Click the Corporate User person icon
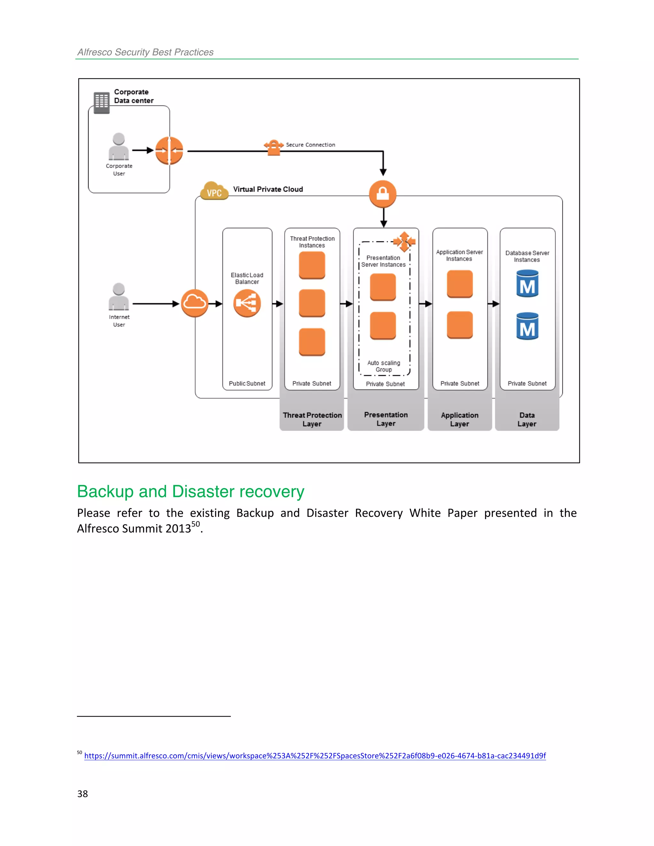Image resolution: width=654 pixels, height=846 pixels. click(118, 147)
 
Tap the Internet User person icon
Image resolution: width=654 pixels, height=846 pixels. click(118, 297)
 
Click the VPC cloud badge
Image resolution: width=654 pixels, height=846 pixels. click(214, 191)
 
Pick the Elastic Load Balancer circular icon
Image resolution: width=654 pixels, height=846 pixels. click(247, 303)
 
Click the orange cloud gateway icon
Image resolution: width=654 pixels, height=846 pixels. click(194, 303)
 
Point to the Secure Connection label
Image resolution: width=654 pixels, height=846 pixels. click(310, 145)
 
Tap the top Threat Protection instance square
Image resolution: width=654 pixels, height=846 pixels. click(312, 265)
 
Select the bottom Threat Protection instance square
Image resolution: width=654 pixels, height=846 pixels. click(312, 342)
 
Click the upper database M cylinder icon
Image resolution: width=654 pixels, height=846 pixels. click(527, 284)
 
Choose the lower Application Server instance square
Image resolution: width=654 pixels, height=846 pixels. click(460, 325)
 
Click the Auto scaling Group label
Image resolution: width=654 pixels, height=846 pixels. click(384, 366)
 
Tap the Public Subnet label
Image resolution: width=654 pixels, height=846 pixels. click(247, 383)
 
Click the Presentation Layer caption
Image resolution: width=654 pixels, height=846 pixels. click(385, 419)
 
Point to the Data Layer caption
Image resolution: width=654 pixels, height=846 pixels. click(527, 419)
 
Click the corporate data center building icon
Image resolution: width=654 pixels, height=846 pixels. click(102, 103)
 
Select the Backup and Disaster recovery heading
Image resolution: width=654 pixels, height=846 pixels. click(191, 492)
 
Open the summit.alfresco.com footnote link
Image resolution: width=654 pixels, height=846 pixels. click(315, 756)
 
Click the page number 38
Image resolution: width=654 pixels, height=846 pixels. click(82, 794)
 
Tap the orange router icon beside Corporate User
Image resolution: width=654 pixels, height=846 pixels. click(169, 151)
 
